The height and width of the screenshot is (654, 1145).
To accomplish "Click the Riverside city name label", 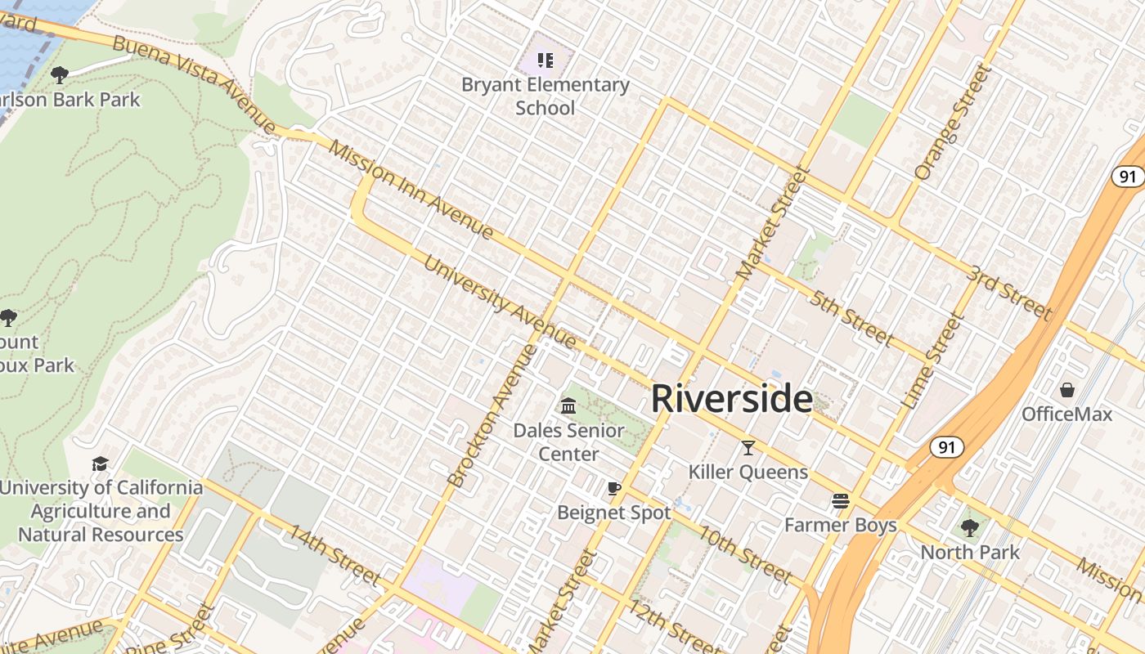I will [732, 399].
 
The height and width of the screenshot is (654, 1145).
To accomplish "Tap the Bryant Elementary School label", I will [546, 96].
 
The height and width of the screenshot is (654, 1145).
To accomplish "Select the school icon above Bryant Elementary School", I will [546, 60].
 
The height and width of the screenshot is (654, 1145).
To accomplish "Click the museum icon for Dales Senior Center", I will [568, 405].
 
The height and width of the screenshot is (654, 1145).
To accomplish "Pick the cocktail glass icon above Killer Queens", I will [748, 447].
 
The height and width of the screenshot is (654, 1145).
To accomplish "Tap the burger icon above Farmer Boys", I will [840, 500].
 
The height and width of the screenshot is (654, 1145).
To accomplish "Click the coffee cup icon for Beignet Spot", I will [614, 489].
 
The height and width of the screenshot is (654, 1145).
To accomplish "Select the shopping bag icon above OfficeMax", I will [1066, 390].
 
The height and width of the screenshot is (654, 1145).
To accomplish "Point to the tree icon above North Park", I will [970, 527].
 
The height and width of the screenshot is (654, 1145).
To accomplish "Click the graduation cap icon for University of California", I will [100, 464].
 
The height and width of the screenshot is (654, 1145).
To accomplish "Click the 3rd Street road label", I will [1008, 292].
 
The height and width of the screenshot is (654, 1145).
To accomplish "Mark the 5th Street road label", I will [851, 318].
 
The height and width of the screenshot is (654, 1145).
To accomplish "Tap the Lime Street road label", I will [933, 363].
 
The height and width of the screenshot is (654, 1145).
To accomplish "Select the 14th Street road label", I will [333, 555].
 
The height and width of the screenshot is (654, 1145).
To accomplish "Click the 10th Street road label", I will [744, 556].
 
